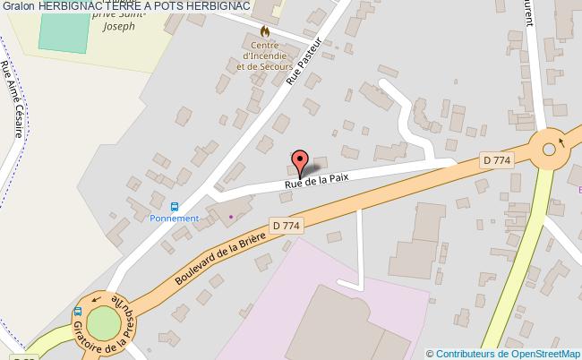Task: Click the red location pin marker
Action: coord(301,162)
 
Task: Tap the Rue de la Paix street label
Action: coord(316,180)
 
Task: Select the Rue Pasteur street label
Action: coord(303,65)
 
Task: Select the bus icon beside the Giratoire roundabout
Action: coord(77,312)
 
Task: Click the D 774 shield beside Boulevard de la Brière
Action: coord(286,225)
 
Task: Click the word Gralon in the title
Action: coord(18,7)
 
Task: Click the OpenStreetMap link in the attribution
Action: coord(543,353)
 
